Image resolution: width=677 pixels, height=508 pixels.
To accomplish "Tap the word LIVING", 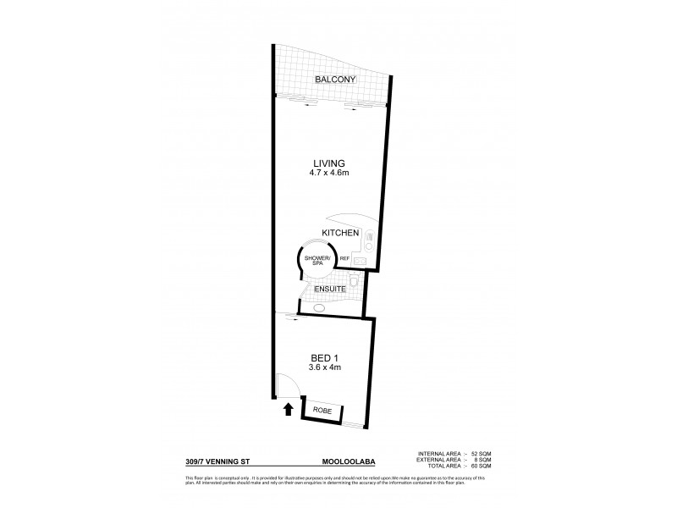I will tap(329, 163).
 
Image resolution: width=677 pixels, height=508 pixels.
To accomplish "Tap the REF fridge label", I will tap(344, 259).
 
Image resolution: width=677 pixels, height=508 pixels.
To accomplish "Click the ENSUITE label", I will tap(329, 290).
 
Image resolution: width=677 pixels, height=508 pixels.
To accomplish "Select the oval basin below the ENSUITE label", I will tap(320, 309).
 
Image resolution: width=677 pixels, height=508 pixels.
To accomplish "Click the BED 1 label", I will tap(322, 357).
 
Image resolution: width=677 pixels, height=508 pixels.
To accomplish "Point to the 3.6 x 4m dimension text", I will tap(322, 367).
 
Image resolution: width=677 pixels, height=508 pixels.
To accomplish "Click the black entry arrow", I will tap(288, 409).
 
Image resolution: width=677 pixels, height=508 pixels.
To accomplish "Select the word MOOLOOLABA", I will tap(348, 462).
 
